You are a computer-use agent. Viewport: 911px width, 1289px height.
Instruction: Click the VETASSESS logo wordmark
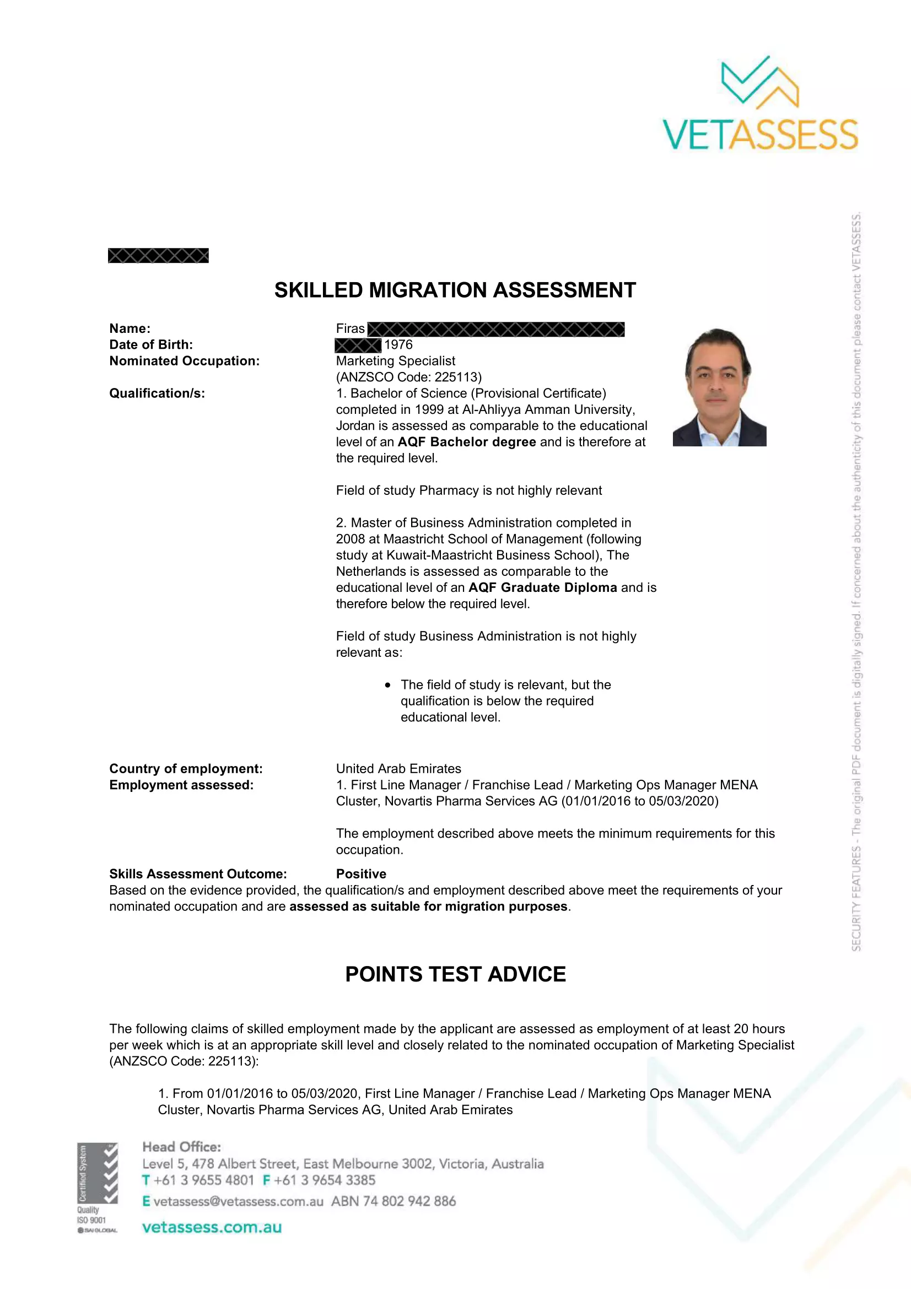(x=760, y=134)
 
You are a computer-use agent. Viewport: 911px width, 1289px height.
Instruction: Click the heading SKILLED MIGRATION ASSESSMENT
(x=455, y=290)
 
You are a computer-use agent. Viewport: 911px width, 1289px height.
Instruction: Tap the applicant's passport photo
(x=719, y=387)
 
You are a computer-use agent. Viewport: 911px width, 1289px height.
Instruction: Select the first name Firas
(x=351, y=329)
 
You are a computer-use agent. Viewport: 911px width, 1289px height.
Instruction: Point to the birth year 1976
(x=398, y=344)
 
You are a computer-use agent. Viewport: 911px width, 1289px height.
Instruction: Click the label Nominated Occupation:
(x=184, y=361)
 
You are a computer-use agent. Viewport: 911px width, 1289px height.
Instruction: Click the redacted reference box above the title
(x=158, y=256)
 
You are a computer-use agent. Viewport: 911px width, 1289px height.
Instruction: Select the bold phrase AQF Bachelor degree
(x=466, y=443)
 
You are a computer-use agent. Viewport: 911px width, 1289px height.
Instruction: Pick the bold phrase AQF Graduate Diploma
(x=542, y=588)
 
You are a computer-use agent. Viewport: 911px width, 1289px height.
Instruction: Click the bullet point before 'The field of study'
(x=387, y=685)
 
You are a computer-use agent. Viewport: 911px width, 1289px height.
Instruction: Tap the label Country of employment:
(x=186, y=769)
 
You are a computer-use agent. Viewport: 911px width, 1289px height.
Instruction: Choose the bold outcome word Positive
(x=361, y=874)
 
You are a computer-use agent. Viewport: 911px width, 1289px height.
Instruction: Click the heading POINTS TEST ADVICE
(x=455, y=974)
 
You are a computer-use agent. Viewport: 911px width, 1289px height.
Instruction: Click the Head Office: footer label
(x=181, y=1147)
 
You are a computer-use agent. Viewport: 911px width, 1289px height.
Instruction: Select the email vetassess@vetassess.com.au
(x=238, y=1201)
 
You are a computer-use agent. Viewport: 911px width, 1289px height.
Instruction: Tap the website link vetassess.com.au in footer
(x=212, y=1227)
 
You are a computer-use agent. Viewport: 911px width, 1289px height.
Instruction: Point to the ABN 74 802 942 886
(x=393, y=1201)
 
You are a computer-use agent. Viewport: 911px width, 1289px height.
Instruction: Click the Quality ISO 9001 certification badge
(x=98, y=1188)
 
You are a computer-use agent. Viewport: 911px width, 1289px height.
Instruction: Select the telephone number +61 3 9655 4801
(x=203, y=1180)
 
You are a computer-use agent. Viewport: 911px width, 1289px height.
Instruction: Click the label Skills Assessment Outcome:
(x=198, y=874)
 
